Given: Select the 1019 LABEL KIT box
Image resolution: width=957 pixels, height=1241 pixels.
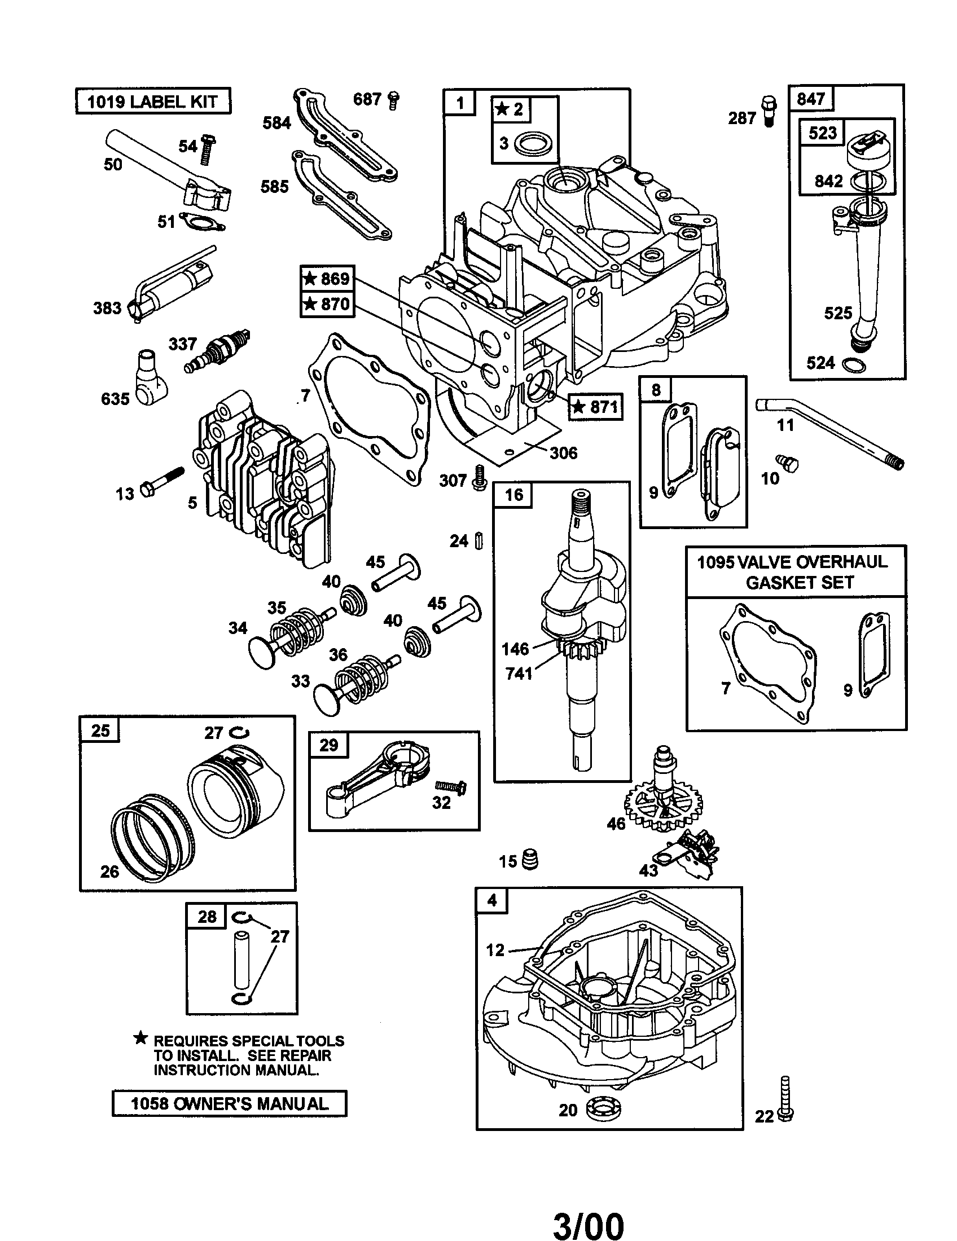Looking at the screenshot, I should (x=153, y=102).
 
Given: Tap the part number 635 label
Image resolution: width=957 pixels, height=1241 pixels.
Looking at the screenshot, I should (x=115, y=399).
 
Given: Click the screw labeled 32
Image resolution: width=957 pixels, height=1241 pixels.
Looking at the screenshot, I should (x=451, y=786).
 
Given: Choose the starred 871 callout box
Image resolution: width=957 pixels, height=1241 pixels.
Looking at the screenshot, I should (x=595, y=407).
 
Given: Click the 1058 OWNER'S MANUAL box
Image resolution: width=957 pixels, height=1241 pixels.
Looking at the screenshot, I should (x=229, y=1103).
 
